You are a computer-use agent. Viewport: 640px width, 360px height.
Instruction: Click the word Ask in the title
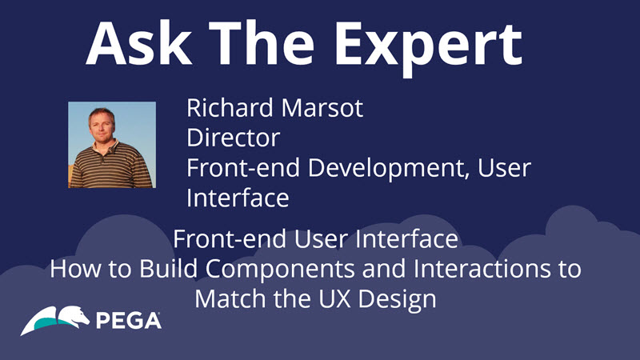pos(139,44)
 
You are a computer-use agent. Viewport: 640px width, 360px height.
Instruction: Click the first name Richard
pos(230,107)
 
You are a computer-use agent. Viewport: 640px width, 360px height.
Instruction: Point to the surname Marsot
pos(322,108)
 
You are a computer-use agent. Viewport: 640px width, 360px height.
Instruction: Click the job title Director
pos(233,138)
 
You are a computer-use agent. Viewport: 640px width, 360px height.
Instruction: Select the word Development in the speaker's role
pos(389,169)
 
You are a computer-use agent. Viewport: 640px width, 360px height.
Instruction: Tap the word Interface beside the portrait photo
pos(238,198)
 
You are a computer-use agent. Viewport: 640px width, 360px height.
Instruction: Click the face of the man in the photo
pos(102,125)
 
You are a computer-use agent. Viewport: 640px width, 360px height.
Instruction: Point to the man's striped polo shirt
pos(111,165)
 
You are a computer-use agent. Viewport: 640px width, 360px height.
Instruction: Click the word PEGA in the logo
pos(129,321)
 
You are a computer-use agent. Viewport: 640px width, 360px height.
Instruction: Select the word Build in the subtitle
pos(168,269)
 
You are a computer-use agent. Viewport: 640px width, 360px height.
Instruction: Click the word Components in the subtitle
pos(281,270)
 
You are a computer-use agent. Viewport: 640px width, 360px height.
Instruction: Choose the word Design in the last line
pos(397,300)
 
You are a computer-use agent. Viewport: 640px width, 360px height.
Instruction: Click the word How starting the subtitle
pos(75,269)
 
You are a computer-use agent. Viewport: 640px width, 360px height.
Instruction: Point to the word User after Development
pos(504,168)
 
